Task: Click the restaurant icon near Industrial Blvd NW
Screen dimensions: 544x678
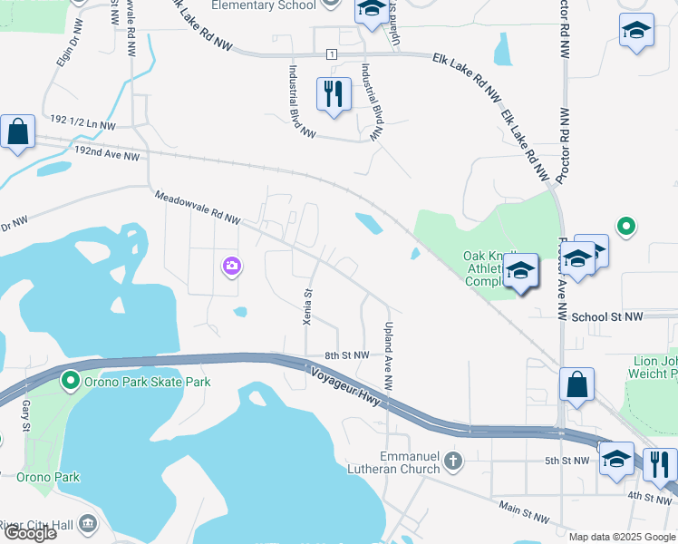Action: click(334, 93)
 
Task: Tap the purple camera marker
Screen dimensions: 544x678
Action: click(232, 266)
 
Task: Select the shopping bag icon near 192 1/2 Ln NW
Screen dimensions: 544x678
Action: click(18, 132)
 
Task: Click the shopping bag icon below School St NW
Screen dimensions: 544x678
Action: click(576, 384)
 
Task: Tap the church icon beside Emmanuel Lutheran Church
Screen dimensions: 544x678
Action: click(454, 462)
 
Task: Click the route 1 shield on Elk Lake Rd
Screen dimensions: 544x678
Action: click(333, 55)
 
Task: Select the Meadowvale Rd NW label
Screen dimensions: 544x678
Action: click(197, 208)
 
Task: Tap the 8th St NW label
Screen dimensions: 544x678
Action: click(347, 355)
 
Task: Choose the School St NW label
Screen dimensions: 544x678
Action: click(606, 316)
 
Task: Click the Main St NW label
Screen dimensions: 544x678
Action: click(523, 513)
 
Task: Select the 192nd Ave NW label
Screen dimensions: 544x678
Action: click(108, 155)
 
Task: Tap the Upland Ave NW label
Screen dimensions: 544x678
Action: click(388, 356)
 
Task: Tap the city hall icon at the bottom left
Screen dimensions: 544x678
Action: click(88, 523)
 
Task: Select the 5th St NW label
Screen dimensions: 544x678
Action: click(568, 461)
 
